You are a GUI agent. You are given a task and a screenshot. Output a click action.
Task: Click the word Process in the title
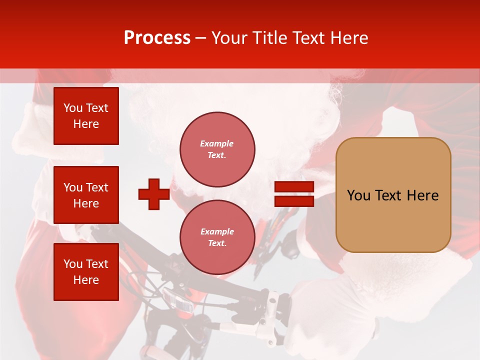click(x=157, y=38)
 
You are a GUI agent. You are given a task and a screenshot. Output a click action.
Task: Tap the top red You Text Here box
click(x=86, y=116)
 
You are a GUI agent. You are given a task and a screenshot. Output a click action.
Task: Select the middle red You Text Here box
click(x=86, y=195)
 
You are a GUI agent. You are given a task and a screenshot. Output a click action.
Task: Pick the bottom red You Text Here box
click(x=86, y=271)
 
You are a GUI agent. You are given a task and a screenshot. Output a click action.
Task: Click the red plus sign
click(x=154, y=194)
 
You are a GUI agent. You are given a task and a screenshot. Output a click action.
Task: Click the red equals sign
click(x=294, y=194)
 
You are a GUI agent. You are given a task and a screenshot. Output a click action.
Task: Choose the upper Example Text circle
click(x=217, y=149)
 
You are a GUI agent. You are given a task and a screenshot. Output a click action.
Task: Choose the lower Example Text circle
click(x=217, y=237)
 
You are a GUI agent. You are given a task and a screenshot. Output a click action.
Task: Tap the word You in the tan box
click(x=359, y=195)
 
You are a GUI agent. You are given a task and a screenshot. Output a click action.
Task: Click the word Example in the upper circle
click(x=217, y=143)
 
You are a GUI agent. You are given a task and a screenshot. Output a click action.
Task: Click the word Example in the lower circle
click(x=217, y=231)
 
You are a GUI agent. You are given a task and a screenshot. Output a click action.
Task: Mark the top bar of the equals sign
click(x=294, y=186)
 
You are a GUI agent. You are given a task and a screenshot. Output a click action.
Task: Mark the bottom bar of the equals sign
click(x=294, y=201)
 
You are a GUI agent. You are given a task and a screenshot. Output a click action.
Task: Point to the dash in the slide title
click(x=201, y=38)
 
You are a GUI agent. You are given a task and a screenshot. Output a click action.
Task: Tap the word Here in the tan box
click(x=422, y=195)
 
